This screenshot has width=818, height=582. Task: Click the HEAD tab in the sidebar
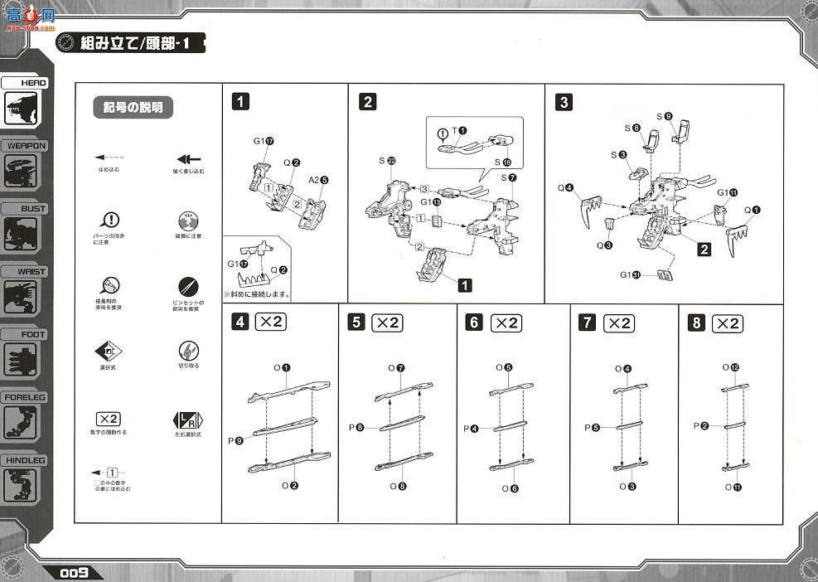pyautogui.click(x=25, y=83)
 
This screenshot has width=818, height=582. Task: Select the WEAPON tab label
pyautogui.click(x=25, y=146)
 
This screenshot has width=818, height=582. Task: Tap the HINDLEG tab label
pyautogui.click(x=25, y=460)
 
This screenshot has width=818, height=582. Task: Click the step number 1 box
pyautogui.click(x=240, y=102)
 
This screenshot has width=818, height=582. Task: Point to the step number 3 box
pyautogui.click(x=564, y=102)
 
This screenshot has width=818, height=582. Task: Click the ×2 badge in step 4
pyautogui.click(x=270, y=323)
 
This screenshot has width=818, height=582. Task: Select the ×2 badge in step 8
pyautogui.click(x=727, y=323)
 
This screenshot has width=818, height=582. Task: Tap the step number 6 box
pyautogui.click(x=473, y=323)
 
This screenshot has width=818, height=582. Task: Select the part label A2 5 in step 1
pyautogui.click(x=319, y=179)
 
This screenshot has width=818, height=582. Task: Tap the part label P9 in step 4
pyautogui.click(x=239, y=441)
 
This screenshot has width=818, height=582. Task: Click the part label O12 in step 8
pyautogui.click(x=729, y=366)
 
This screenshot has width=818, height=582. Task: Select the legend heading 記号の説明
pyautogui.click(x=133, y=108)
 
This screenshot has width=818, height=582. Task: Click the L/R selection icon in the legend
pyautogui.click(x=188, y=420)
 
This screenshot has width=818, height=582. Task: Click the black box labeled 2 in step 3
pyautogui.click(x=704, y=249)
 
